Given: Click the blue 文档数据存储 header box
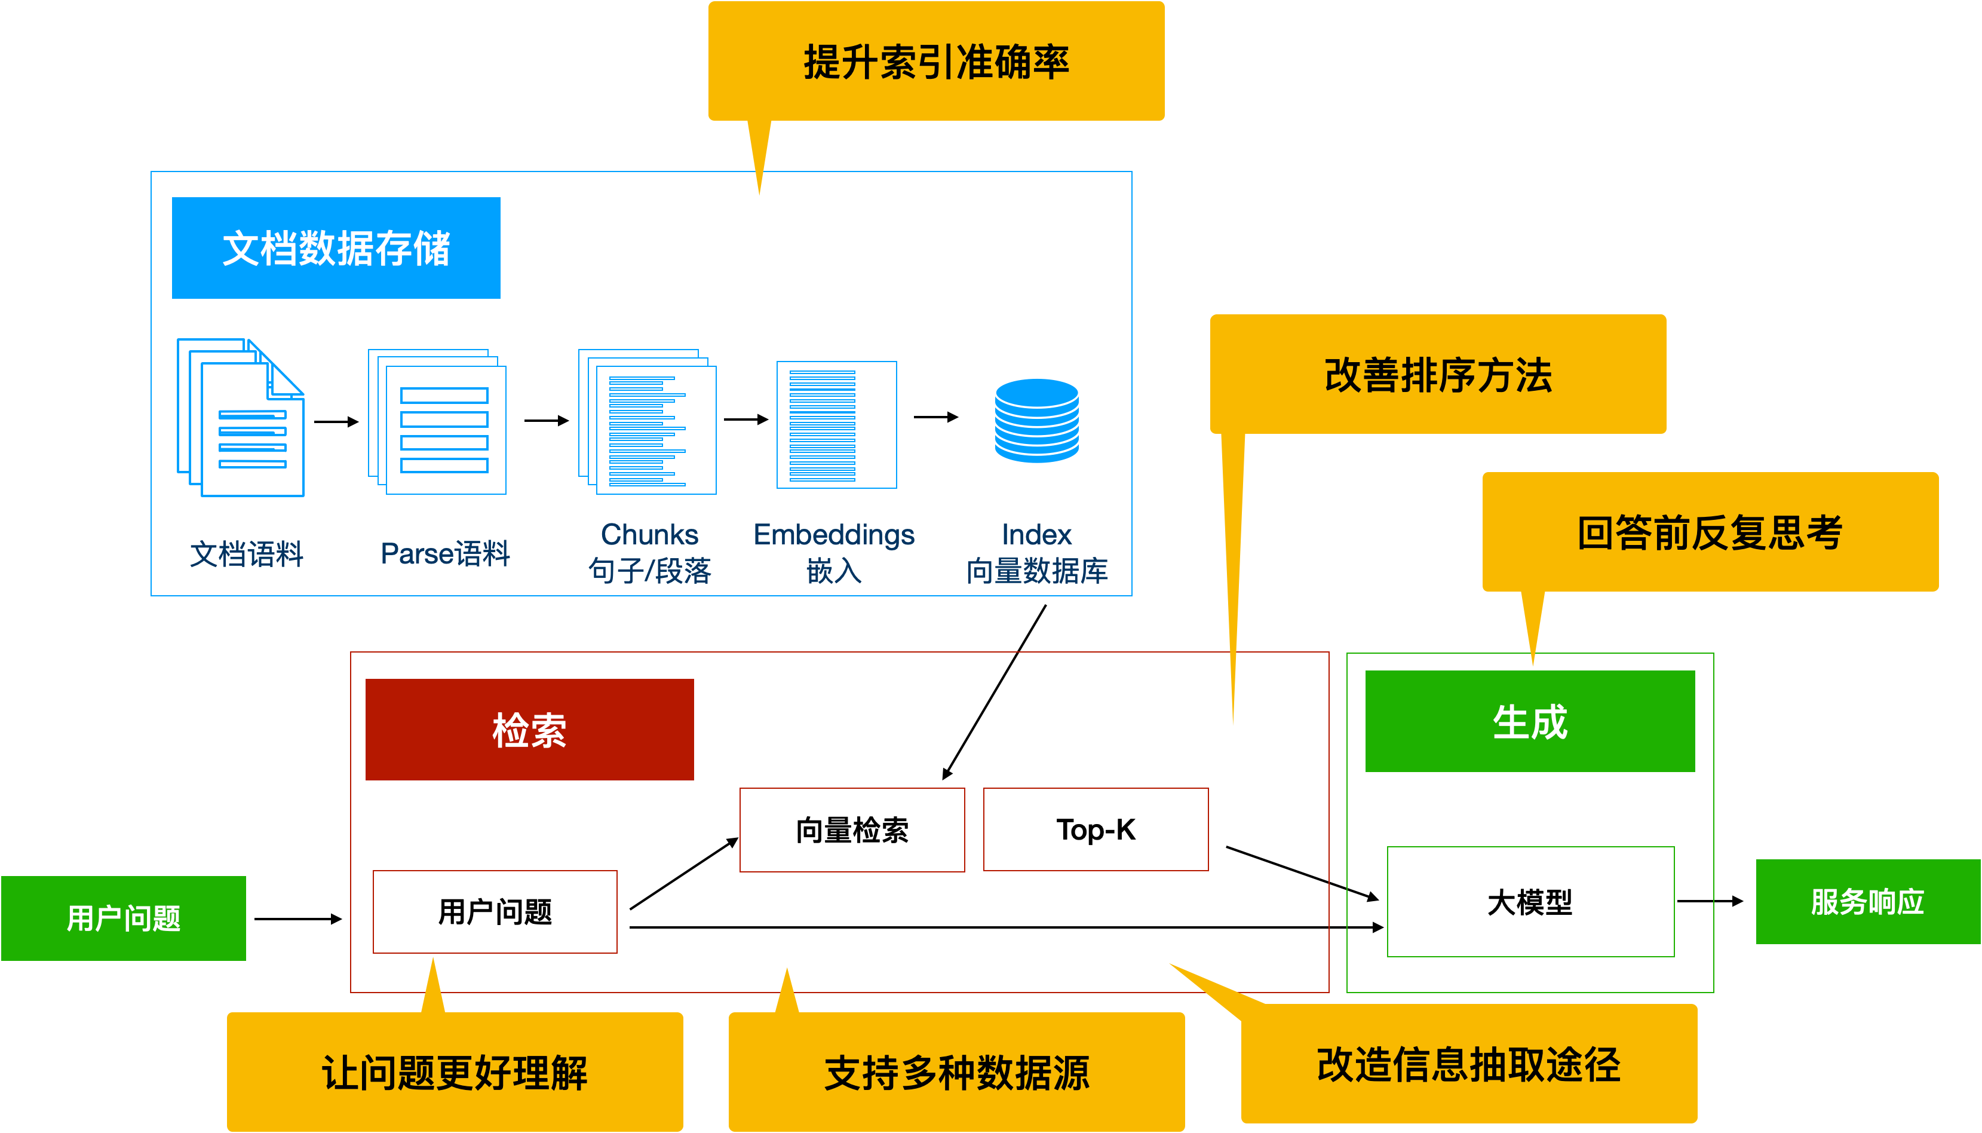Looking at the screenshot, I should (x=336, y=247).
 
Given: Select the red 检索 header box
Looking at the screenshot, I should (x=529, y=729).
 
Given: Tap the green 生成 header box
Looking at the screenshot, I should (x=1529, y=721).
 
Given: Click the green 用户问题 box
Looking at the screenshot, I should (x=124, y=918).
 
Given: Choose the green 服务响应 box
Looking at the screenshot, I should (x=1868, y=902).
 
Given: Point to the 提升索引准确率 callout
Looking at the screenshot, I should (x=936, y=62).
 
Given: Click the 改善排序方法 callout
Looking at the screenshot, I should (x=1437, y=374).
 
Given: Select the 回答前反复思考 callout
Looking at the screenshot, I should (x=1710, y=532).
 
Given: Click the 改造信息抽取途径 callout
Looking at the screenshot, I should (x=1469, y=1064).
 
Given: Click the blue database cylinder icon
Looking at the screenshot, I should (x=1036, y=420).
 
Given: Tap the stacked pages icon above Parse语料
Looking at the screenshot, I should (x=438, y=422).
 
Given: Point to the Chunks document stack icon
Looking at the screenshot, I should (x=647, y=422).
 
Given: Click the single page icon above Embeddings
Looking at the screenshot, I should (x=836, y=425).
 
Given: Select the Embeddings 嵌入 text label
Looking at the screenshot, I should (x=834, y=553).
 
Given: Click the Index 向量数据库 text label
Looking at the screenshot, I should (x=1036, y=553).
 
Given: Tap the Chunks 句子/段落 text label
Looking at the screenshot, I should (x=649, y=553).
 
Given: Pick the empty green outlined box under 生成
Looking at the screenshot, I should (x=1530, y=901).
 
